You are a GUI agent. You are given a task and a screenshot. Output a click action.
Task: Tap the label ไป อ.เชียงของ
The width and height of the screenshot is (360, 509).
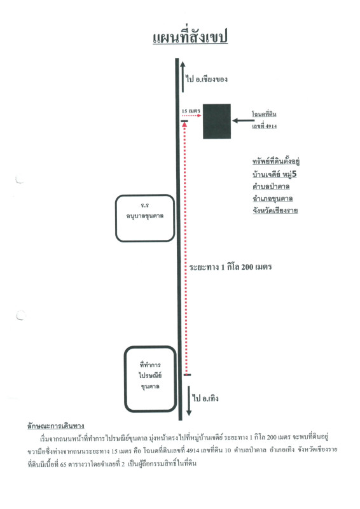(207, 79)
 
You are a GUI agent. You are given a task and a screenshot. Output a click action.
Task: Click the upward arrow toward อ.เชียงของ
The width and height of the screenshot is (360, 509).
(183, 76)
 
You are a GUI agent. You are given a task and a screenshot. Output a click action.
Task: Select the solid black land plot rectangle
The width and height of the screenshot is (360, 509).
(217, 122)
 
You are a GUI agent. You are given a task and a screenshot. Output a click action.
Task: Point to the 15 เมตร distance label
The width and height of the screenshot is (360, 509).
(191, 111)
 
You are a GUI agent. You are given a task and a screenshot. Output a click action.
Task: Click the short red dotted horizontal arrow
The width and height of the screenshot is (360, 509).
(191, 116)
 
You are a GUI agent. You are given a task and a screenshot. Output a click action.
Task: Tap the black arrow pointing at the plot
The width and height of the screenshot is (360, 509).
(244, 121)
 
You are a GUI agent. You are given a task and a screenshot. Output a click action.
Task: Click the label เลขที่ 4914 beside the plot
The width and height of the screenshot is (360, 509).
(265, 126)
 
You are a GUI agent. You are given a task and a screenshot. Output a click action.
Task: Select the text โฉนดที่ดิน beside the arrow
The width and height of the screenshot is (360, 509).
(264, 114)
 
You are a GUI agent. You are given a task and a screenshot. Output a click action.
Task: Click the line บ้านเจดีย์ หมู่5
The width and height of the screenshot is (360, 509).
(275, 174)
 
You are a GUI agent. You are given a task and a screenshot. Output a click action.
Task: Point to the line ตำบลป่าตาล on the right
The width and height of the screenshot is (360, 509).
(271, 186)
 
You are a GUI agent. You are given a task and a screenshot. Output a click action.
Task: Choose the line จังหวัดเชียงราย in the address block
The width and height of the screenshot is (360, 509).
(275, 211)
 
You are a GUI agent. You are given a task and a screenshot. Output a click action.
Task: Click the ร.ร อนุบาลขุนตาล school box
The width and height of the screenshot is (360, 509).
(145, 218)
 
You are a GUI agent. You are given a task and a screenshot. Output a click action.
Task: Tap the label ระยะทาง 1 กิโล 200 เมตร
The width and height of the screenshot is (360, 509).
(230, 267)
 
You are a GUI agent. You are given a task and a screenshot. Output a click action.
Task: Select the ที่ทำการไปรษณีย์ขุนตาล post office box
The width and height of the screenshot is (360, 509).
(150, 379)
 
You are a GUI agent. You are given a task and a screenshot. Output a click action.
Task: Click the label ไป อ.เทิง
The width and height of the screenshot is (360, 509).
(205, 398)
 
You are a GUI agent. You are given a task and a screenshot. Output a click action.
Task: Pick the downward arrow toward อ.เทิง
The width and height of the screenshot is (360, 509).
(189, 401)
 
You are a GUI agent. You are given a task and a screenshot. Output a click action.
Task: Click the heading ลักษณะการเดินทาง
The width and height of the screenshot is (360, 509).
(56, 426)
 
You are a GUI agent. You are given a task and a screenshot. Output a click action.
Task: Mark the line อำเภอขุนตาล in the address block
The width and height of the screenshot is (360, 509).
(273, 199)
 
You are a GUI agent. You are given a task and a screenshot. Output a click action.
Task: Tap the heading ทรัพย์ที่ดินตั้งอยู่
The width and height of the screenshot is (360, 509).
(276, 162)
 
